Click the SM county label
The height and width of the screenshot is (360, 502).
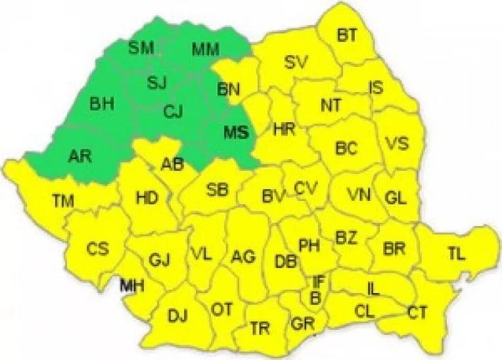pos(141,47)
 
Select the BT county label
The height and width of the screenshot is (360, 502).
pos(348,35)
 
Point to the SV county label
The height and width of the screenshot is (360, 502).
pos(296,63)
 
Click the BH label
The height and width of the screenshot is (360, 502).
pos(102,103)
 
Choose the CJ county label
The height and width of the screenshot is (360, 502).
pos(172,112)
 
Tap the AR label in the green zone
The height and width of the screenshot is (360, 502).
pos(80,156)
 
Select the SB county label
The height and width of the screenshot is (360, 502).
pos(217,190)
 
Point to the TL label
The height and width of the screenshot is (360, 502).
pos(456,254)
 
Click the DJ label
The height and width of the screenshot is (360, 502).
pos(177,316)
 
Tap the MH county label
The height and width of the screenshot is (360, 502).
pos(132,285)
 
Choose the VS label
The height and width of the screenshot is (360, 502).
pos(396,143)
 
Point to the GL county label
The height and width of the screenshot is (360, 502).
pos(396,196)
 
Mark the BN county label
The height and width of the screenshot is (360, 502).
pos(229,88)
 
